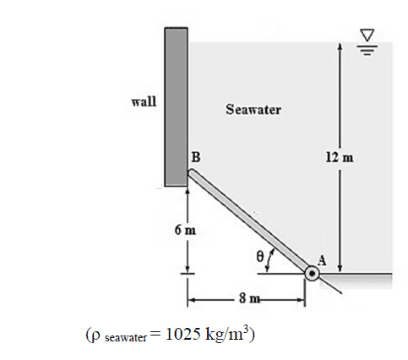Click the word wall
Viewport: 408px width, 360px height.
(x=144, y=101)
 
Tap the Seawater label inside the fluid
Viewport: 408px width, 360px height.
(x=253, y=109)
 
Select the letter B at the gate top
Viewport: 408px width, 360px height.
(x=196, y=157)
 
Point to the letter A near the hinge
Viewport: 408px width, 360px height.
(x=322, y=260)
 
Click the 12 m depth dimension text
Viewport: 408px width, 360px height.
(x=340, y=157)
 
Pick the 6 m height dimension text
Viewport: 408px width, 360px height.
(x=185, y=230)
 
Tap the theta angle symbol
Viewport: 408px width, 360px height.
(x=260, y=256)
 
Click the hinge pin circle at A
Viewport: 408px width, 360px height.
(x=312, y=273)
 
